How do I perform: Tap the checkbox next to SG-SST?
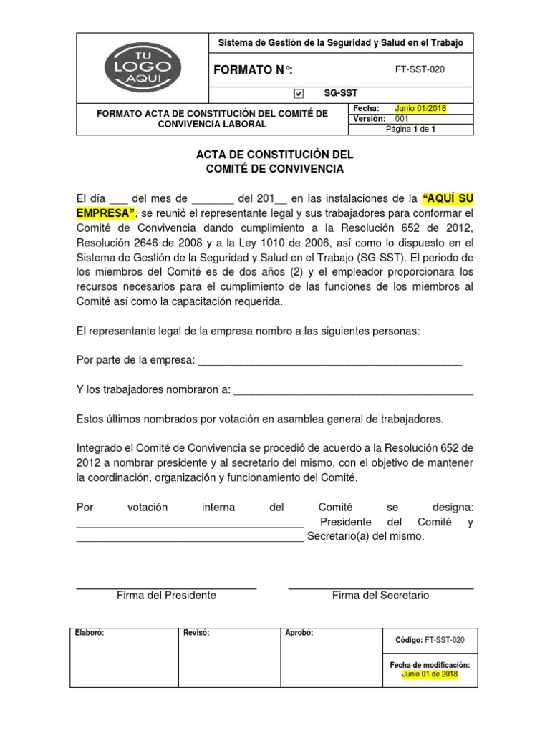[x=299, y=93]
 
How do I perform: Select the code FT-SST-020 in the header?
[x=425, y=69]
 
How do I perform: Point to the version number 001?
[x=402, y=119]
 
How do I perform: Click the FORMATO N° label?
[x=254, y=69]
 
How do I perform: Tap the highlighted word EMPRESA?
[x=105, y=213]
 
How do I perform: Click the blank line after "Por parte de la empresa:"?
[x=329, y=360]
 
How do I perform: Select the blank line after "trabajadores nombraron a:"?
[x=353, y=389]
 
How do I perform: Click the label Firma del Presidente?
[x=166, y=596]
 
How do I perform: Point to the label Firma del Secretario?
[x=380, y=596]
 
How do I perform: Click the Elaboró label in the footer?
[x=90, y=633]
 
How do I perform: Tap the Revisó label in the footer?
[x=196, y=633]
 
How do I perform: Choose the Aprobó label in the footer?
[x=299, y=633]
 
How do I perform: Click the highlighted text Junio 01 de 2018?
[x=429, y=674]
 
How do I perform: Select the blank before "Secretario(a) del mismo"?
[x=190, y=537]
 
